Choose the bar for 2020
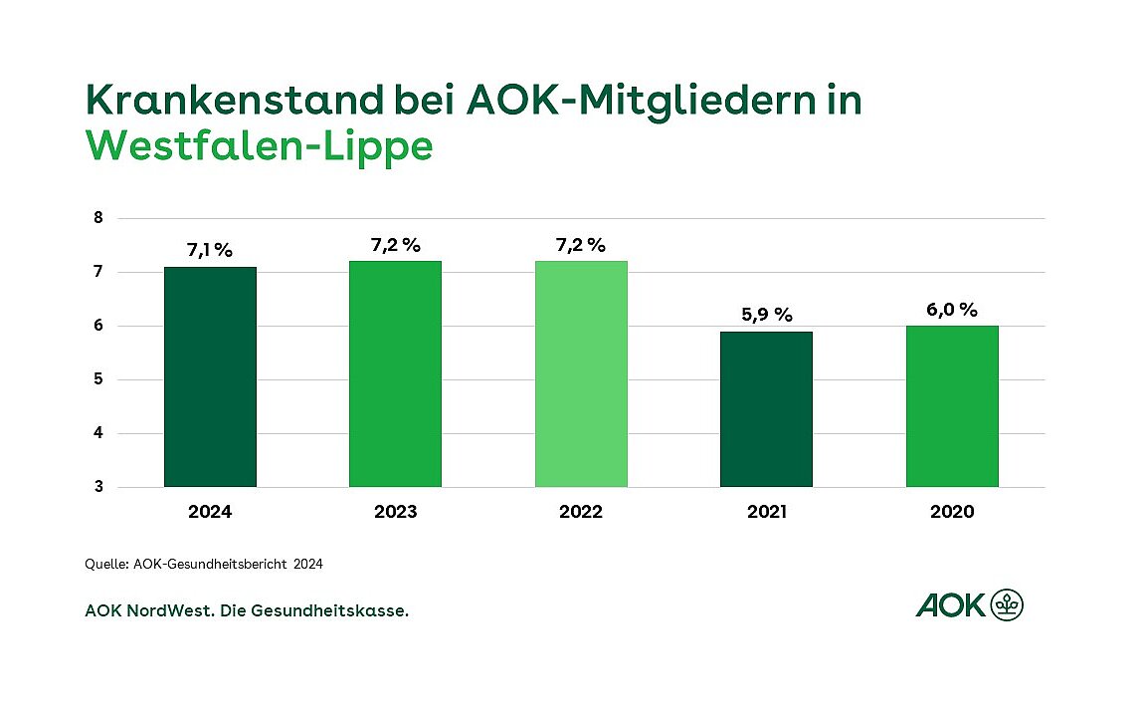coord(952,406)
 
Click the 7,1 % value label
coord(210,250)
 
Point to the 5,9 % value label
coord(766,315)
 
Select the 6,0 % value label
coord(952,309)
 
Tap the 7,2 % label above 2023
coord(395,244)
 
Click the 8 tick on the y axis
coord(98,218)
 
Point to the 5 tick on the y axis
coord(98,379)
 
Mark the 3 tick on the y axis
coord(98,487)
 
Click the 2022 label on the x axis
coord(581,512)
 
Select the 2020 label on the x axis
coord(952,512)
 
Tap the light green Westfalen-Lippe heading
coord(260,145)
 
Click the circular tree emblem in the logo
coord(1007,603)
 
